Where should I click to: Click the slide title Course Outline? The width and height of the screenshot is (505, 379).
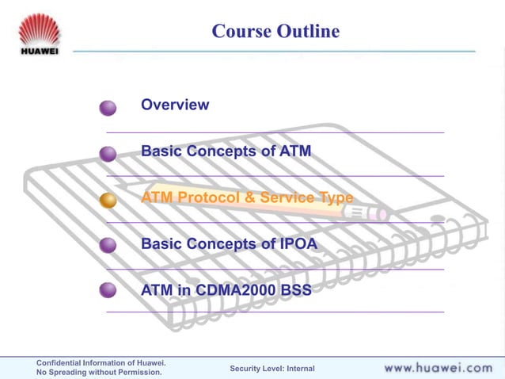[x=275, y=31]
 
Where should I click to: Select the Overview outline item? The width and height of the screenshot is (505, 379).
[x=175, y=105]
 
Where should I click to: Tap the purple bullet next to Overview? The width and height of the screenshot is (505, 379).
[x=108, y=108]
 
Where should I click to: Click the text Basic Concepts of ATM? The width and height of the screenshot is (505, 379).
[x=226, y=151]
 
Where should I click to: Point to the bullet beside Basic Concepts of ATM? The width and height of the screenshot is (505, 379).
[x=108, y=154]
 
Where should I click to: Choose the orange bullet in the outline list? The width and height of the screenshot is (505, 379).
[x=108, y=201]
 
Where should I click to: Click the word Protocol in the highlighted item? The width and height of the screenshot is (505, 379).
[x=207, y=197]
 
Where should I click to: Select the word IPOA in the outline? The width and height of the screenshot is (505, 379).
[x=298, y=244]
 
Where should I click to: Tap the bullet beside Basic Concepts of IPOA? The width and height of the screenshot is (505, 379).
[x=108, y=247]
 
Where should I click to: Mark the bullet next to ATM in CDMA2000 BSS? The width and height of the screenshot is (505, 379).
[x=108, y=291]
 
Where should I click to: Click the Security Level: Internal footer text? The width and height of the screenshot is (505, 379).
[x=271, y=369]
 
